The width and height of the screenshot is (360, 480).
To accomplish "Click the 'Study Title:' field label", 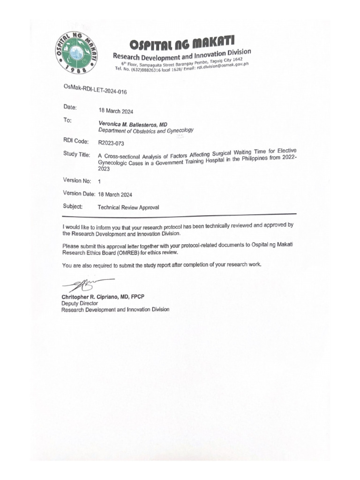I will [78, 154].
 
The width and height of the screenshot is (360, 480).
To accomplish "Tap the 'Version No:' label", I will [77, 180].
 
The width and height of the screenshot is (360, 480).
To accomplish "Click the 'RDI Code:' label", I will [75, 141].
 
